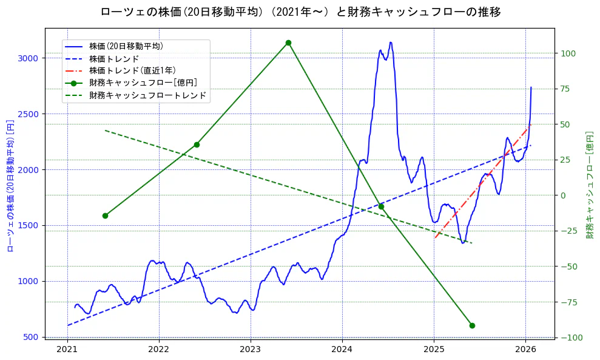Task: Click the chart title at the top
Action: [x=300, y=12]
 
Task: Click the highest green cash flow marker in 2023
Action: [x=288, y=42]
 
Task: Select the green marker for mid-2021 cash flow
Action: [x=105, y=216]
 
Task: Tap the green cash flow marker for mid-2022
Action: [x=197, y=144]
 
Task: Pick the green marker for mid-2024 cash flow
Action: [x=381, y=206]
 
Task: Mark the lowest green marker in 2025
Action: [x=472, y=325]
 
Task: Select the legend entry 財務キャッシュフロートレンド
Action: [x=147, y=95]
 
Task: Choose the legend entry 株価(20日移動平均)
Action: [x=126, y=46]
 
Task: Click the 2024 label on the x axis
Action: [x=342, y=349]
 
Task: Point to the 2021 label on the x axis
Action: [x=67, y=349]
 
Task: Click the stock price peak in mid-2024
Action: [x=391, y=42]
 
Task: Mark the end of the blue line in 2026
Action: [x=531, y=87]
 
